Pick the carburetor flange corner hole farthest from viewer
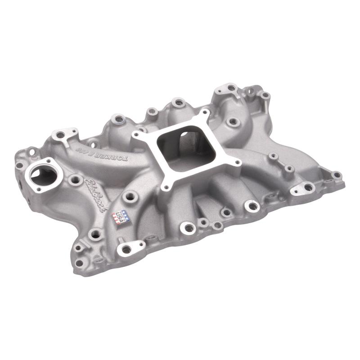205,112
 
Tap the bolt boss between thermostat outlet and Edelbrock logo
74,181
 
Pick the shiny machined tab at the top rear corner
229,88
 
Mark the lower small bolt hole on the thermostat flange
38,189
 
